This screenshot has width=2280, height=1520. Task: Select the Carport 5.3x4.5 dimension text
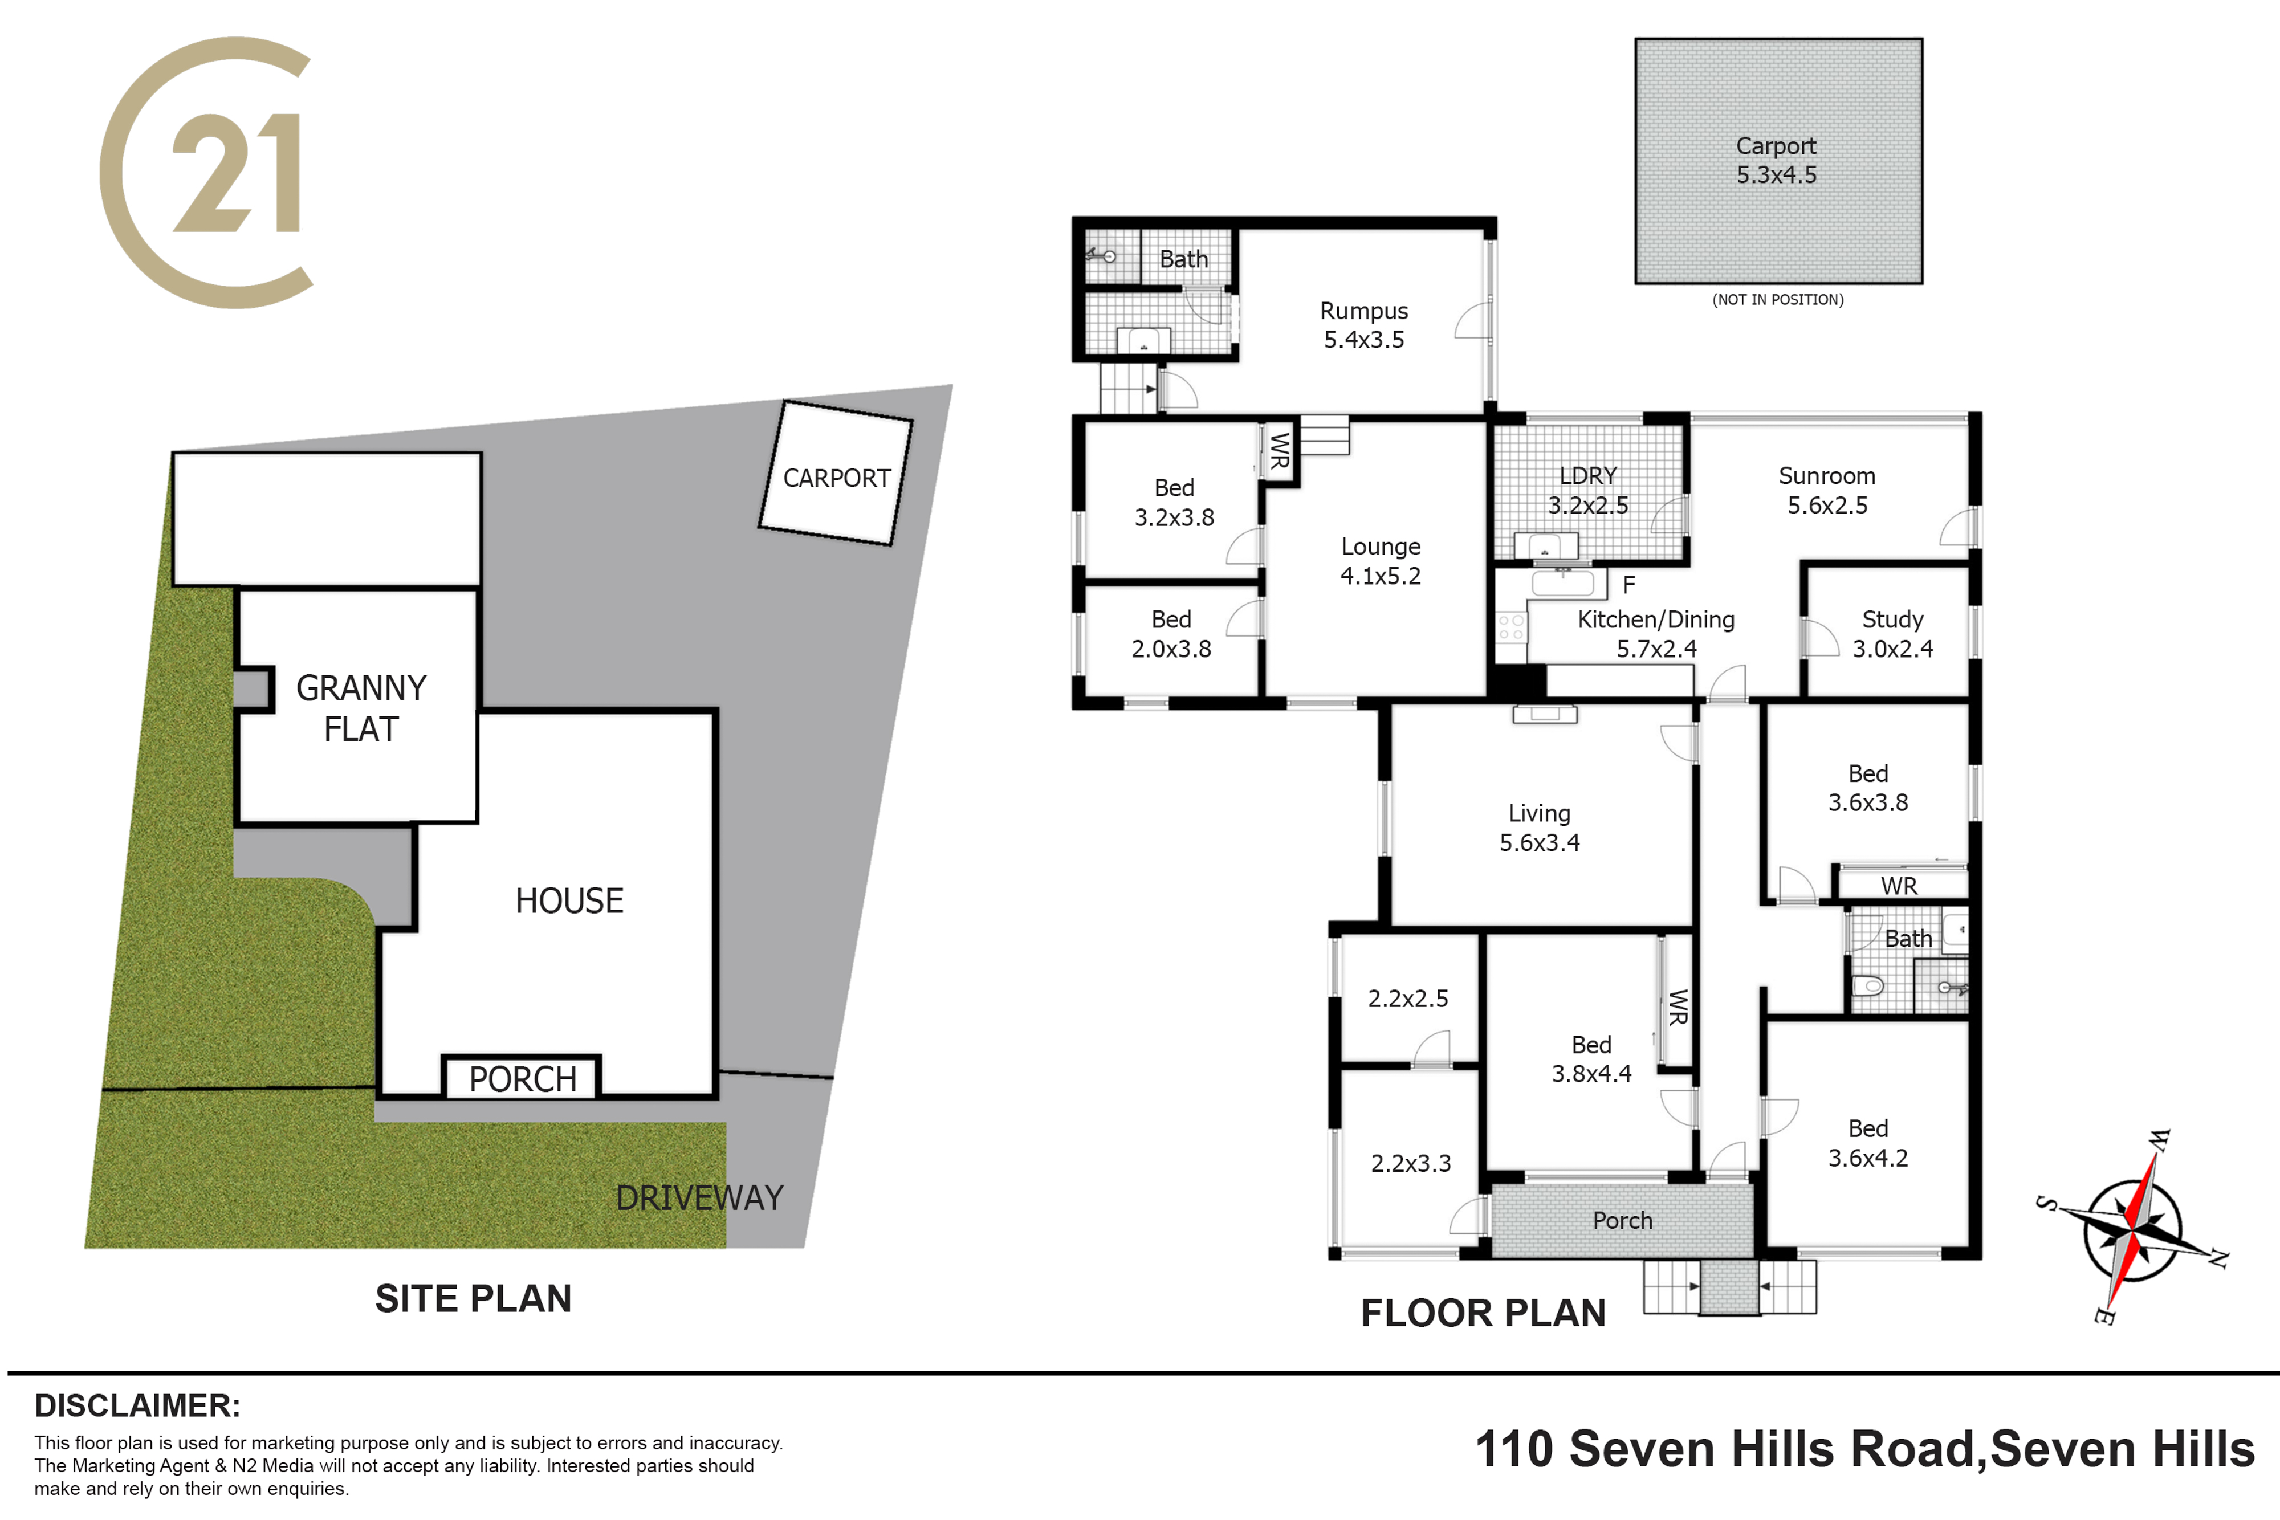point(1776,174)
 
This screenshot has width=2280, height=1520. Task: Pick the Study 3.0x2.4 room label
point(1892,634)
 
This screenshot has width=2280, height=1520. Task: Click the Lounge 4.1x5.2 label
point(1381,560)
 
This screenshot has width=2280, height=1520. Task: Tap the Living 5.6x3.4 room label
point(1540,828)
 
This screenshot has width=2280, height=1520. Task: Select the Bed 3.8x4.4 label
point(1592,1058)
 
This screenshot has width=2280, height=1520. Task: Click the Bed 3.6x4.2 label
point(1868,1143)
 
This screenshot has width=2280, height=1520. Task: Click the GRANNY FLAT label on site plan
point(361,708)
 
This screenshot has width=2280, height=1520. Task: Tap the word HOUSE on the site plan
point(569,900)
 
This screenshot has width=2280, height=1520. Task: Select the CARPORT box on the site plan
point(836,473)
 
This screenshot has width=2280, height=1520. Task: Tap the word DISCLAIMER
point(137,1405)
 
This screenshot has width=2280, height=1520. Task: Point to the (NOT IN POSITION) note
point(1778,300)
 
